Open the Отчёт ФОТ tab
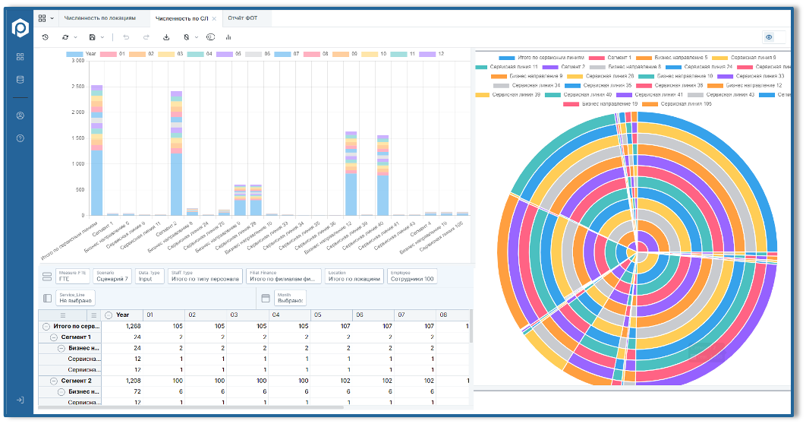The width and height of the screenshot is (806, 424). coord(242,17)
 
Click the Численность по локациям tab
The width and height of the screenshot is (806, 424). coord(100,17)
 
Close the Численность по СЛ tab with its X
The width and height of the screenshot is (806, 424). coord(214,17)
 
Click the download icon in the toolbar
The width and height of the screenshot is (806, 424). coord(166,36)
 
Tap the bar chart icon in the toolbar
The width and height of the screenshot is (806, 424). coord(228,36)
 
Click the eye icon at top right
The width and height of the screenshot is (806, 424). coord(769,36)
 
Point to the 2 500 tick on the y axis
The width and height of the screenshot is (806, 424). coord(77,87)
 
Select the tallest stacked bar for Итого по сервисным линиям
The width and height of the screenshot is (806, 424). coord(96,152)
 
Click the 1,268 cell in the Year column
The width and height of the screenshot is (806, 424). coord(132,325)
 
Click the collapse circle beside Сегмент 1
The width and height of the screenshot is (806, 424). coord(54,337)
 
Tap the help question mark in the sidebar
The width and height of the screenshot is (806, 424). coord(20,138)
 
